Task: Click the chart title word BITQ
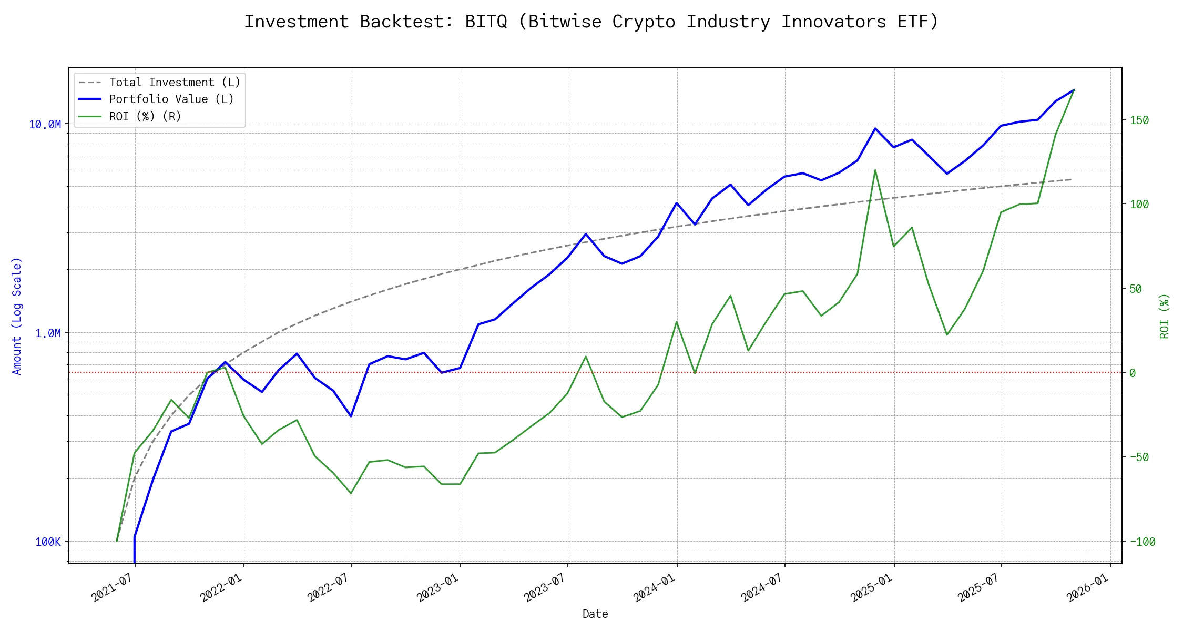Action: [x=486, y=22]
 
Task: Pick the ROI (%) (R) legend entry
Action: [x=145, y=116]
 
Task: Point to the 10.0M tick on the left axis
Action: [x=45, y=125]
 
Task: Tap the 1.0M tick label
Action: [x=48, y=333]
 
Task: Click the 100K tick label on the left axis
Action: [x=48, y=542]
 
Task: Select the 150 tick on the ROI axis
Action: [x=1139, y=120]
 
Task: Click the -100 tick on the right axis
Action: [x=1142, y=542]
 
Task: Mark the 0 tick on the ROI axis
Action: [x=1133, y=373]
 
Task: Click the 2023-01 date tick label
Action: [x=437, y=588]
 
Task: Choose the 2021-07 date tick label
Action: [x=111, y=588]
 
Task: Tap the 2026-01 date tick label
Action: [x=1087, y=588]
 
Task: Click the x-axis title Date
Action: [x=595, y=614]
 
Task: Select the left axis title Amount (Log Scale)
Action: [x=17, y=315]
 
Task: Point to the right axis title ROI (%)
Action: [x=1164, y=315]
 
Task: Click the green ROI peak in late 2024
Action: [x=875, y=170]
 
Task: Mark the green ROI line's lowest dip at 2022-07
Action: [x=351, y=493]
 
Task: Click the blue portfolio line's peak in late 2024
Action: [x=875, y=128]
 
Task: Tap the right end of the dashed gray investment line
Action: [x=1071, y=179]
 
